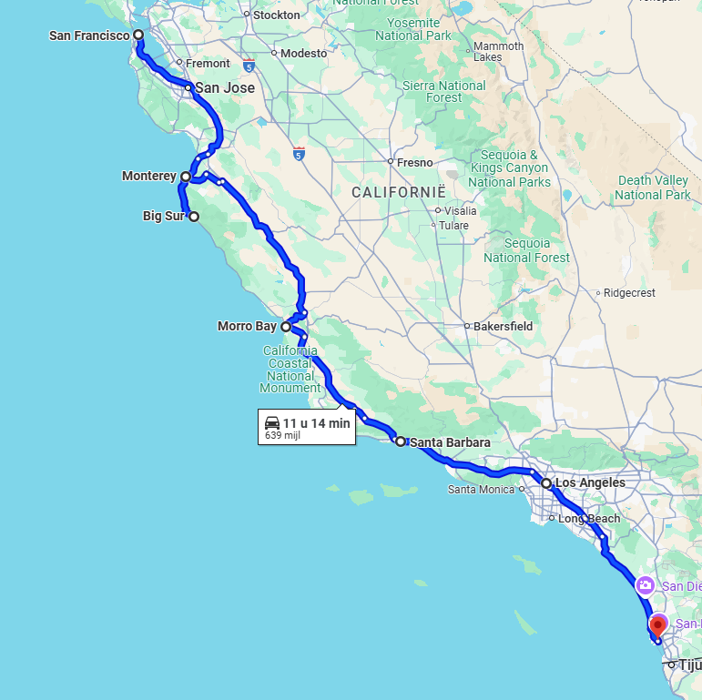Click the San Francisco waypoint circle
coord(138,36)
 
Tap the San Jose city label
coord(224,88)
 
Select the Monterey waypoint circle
coord(186,177)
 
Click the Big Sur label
coord(164,217)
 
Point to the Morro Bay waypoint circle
coord(286,326)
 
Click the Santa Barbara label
coord(450,442)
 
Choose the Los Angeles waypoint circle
coord(546,483)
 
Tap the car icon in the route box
coord(272,423)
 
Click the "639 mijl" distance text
coord(282,435)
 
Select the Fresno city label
coord(415,162)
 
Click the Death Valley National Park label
coord(653,188)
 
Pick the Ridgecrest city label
coord(629,293)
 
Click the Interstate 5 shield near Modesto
coord(249,66)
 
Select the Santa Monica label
coord(482,489)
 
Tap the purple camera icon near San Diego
coord(645,585)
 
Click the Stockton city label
coord(276,15)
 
